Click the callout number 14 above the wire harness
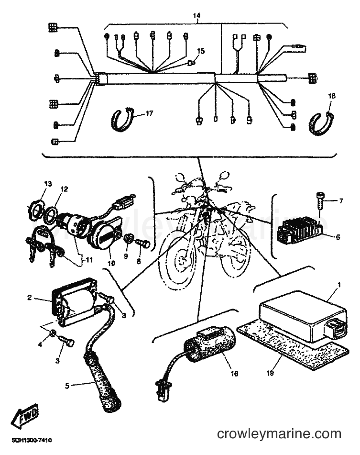tap(197, 15)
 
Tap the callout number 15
tap(201, 51)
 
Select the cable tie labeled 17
tap(122, 119)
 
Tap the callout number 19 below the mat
tap(270, 373)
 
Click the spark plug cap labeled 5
tap(101, 388)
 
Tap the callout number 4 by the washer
tap(40, 344)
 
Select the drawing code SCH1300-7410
tap(32, 440)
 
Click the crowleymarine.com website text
tap(279, 434)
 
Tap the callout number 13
tap(48, 184)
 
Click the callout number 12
tap(65, 189)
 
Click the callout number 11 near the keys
tap(89, 260)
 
